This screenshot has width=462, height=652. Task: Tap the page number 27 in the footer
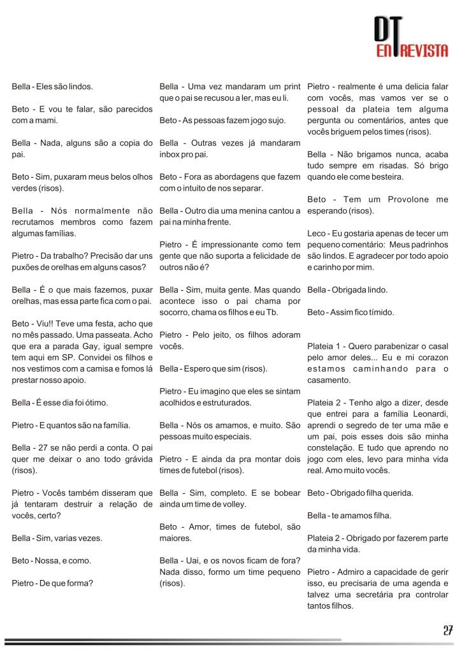[x=447, y=631]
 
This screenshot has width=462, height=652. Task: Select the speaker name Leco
[x=317, y=233]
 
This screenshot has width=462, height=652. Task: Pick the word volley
[x=233, y=504]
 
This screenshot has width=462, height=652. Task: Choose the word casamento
[x=328, y=380]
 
